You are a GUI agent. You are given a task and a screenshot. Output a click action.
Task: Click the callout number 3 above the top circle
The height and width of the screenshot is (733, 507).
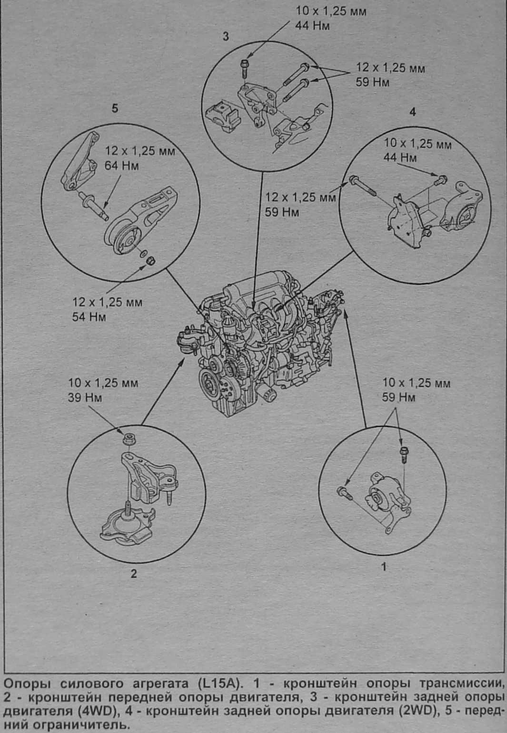tap(226, 36)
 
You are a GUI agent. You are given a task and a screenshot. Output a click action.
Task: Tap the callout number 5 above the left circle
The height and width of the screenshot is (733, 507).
tap(114, 108)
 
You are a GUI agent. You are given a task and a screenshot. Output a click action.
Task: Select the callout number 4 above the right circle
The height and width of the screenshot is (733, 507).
tap(412, 112)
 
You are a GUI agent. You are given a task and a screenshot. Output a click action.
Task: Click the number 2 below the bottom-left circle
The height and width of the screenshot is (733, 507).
tap(134, 573)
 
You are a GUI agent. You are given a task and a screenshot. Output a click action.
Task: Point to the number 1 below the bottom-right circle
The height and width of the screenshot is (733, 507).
tap(384, 567)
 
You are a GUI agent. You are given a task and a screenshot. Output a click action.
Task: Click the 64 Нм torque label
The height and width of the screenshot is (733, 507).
tap(121, 167)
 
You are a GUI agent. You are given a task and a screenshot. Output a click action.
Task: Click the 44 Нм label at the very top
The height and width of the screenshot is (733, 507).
tap(312, 26)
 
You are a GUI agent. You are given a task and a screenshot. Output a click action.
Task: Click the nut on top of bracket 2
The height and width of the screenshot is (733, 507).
tap(128, 438)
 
